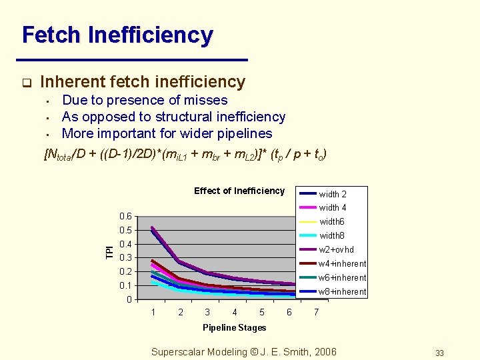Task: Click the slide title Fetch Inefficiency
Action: [x=117, y=35]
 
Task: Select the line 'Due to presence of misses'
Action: [x=145, y=101]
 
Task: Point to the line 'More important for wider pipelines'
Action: [x=167, y=133]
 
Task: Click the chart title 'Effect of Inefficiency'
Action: [x=239, y=191]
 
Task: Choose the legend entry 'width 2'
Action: [x=332, y=195]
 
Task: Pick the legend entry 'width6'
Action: [x=331, y=222]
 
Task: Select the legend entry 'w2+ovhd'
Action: [x=336, y=250]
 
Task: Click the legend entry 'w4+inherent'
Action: [x=342, y=264]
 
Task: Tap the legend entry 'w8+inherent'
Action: [x=342, y=292]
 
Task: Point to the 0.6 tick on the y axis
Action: [x=125, y=217]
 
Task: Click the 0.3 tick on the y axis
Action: [x=125, y=258]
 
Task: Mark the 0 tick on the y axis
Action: [x=129, y=299]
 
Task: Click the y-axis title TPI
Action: [x=109, y=252]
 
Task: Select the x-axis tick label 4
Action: [x=235, y=313]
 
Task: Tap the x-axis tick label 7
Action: [x=316, y=313]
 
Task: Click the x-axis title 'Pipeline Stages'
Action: [x=234, y=327]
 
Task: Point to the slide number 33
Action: [x=439, y=353]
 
